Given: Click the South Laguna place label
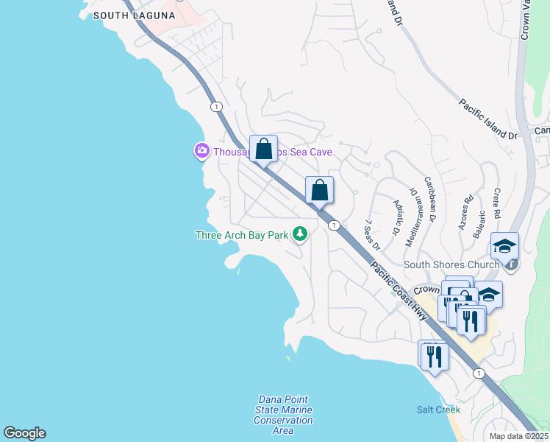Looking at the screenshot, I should point(134,15).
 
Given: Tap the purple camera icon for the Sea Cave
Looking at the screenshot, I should point(201,151).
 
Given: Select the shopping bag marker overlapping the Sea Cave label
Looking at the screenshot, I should point(263,150).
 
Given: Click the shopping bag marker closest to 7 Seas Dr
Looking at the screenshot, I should point(319,191).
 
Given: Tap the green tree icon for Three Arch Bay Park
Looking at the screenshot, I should point(299,234).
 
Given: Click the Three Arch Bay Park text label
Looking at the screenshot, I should point(241,235).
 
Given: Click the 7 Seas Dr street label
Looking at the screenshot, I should point(371,234).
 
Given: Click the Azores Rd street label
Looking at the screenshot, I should point(466,212).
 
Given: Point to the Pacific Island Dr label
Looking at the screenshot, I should point(488,119).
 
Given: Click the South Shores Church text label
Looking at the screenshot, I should point(451,264).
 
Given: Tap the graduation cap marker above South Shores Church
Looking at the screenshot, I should point(504,246).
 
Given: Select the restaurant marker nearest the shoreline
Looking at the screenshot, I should point(434,357).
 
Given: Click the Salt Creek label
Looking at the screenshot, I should point(438,410).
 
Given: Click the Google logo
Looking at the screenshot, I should point(24,433).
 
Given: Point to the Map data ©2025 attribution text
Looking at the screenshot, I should point(518,435).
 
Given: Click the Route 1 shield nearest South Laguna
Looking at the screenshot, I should point(216,107).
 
